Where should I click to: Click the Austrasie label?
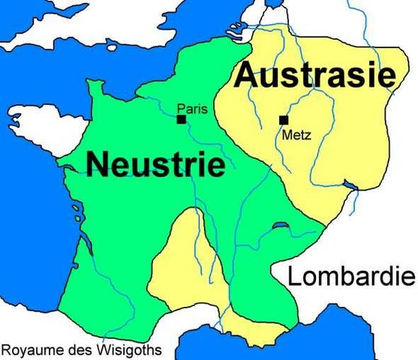pyautogui.click(x=314, y=76)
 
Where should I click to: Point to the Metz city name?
pyautogui.click(x=293, y=136)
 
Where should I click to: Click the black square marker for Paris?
pyautogui.click(x=181, y=118)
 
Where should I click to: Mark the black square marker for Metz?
pyautogui.click(x=284, y=119)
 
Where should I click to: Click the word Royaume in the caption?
pyautogui.click(x=30, y=349)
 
